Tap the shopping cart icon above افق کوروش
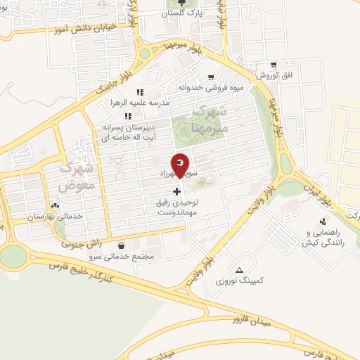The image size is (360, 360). tap(274, 64)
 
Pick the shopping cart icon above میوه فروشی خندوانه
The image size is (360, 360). tap(210, 77)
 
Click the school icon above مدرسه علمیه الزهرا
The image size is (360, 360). tap(139, 91)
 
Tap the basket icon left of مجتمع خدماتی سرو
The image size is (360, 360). tap(123, 246)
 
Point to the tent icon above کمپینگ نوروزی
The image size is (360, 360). tap(240, 270)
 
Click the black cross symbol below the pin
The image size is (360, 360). tap(176, 191)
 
